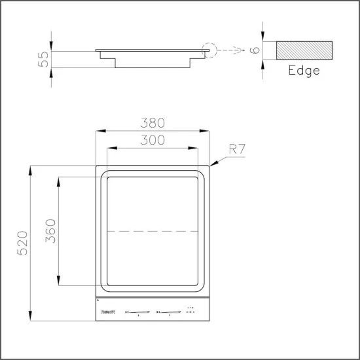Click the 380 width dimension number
point(152,123)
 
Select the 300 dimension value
point(152,139)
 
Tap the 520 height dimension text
point(22,243)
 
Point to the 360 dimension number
point(50,231)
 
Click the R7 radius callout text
point(237,149)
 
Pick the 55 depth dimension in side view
point(44,60)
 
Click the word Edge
point(304,71)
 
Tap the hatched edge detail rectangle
point(304,50)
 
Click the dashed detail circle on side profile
point(208,50)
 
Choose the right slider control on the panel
point(168,312)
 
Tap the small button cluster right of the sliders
point(190,310)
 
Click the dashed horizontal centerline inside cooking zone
point(152,231)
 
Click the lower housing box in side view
point(152,61)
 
